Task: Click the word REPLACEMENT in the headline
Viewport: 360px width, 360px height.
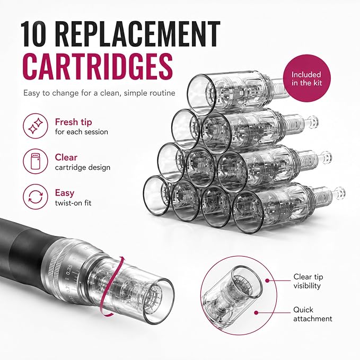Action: (137, 34)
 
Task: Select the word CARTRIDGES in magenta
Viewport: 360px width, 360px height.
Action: (98, 66)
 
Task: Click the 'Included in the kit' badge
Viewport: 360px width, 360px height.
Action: (306, 78)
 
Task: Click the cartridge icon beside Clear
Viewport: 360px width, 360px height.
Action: (36, 161)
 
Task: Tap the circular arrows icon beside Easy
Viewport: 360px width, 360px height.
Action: (36, 197)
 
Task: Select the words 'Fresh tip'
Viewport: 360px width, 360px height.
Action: (74, 122)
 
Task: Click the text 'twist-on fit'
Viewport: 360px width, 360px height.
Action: (73, 203)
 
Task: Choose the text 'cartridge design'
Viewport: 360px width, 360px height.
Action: (83, 168)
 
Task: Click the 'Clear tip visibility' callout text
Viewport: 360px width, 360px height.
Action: (308, 281)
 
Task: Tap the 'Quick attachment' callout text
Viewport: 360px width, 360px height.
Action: (312, 314)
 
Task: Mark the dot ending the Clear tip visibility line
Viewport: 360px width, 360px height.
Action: (267, 280)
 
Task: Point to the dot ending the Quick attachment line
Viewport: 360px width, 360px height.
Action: (257, 312)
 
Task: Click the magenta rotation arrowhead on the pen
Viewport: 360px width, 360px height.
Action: (123, 259)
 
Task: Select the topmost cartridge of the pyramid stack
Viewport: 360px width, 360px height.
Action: (236, 92)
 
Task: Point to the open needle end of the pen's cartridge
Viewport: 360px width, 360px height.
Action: (159, 301)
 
